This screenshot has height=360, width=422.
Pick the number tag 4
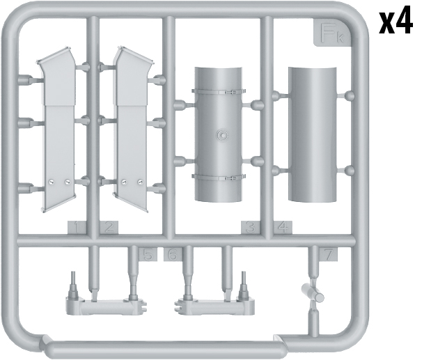pyautogui.click(x=282, y=227)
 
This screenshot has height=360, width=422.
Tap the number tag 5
pyautogui.click(x=148, y=255)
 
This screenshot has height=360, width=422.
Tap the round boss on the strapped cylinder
pyautogui.click(x=221, y=134)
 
